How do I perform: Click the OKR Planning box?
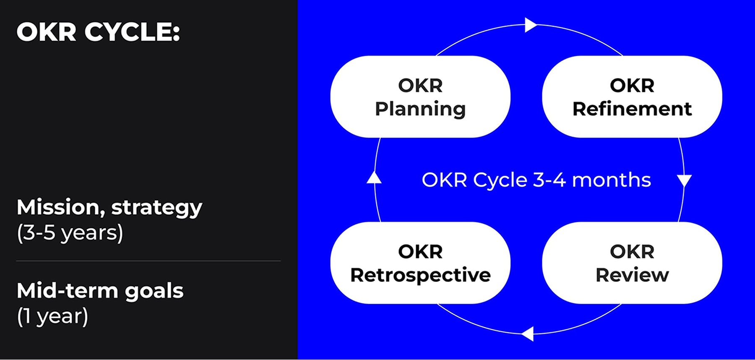[x=420, y=97]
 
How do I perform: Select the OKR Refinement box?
[x=632, y=97]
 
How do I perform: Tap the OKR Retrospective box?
[x=420, y=263]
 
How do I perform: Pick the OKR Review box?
[x=632, y=263]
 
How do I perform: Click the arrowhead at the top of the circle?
[x=530, y=25]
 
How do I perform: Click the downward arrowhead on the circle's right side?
[x=684, y=180]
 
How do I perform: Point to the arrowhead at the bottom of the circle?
[x=528, y=334]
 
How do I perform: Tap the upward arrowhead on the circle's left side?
[x=374, y=178]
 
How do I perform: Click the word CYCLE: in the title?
[x=132, y=32]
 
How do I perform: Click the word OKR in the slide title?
[x=46, y=32]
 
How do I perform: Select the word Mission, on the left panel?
[x=61, y=208]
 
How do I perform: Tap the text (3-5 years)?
[x=70, y=233]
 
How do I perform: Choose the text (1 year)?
[x=53, y=316]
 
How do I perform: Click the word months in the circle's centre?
[x=611, y=180]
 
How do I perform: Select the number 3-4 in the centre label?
[x=549, y=180]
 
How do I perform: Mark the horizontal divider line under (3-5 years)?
[x=148, y=261]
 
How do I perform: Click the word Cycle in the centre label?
[x=500, y=180]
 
